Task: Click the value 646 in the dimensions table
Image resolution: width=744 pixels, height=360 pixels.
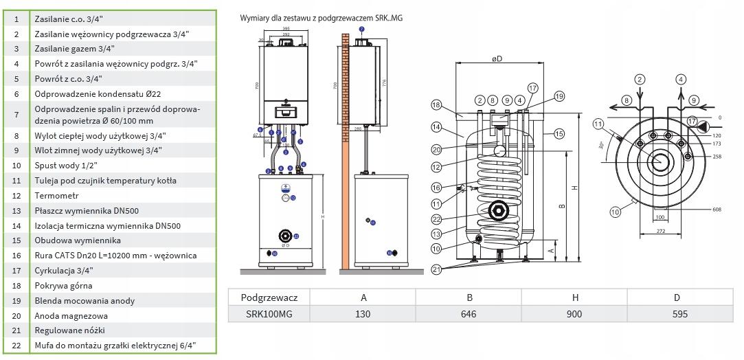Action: (469, 314)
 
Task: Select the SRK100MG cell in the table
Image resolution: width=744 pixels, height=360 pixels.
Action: (269, 314)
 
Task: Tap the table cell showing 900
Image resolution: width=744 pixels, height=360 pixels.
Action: (574, 314)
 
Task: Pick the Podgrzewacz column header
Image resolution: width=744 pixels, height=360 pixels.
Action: (269, 297)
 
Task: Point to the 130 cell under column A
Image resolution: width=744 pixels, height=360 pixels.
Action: (363, 314)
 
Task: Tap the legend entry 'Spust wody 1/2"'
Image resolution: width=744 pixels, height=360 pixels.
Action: (65, 165)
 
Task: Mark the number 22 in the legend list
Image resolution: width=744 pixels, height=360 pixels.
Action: (15, 346)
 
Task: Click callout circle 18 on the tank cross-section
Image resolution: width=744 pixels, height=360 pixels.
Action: (436, 104)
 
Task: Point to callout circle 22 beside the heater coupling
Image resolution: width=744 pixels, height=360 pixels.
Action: (436, 219)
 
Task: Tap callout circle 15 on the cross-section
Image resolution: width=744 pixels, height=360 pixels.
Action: (559, 133)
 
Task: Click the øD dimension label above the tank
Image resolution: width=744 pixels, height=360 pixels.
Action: (497, 59)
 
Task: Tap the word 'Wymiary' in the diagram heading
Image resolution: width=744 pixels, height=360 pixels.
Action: (255, 17)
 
